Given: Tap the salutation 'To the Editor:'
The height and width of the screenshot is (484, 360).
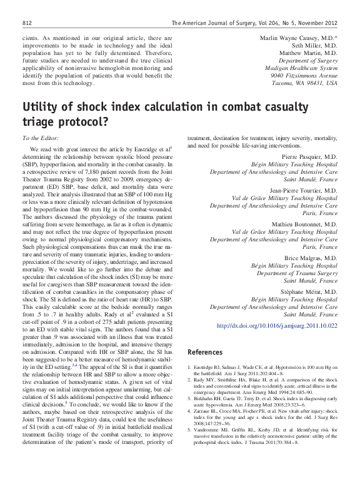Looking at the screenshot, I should [x=39, y=137].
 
